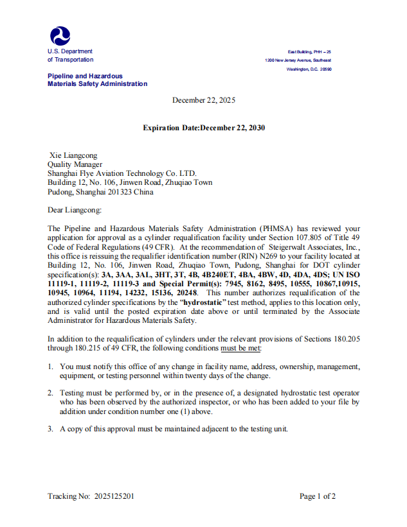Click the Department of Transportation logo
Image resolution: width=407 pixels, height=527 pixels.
point(60,36)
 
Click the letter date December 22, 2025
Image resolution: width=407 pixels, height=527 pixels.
point(204,100)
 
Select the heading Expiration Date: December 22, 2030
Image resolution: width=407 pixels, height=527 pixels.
point(204,128)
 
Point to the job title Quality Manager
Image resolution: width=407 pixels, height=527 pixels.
point(75,164)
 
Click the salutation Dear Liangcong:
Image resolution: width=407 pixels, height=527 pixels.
point(75,210)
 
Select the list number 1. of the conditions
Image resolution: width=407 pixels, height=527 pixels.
point(51,367)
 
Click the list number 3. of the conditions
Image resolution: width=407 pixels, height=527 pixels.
point(51,429)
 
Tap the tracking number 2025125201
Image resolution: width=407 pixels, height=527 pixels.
point(114,496)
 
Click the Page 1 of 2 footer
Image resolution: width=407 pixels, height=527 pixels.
point(318,496)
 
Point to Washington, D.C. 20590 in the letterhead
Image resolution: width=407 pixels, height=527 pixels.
point(309,69)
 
